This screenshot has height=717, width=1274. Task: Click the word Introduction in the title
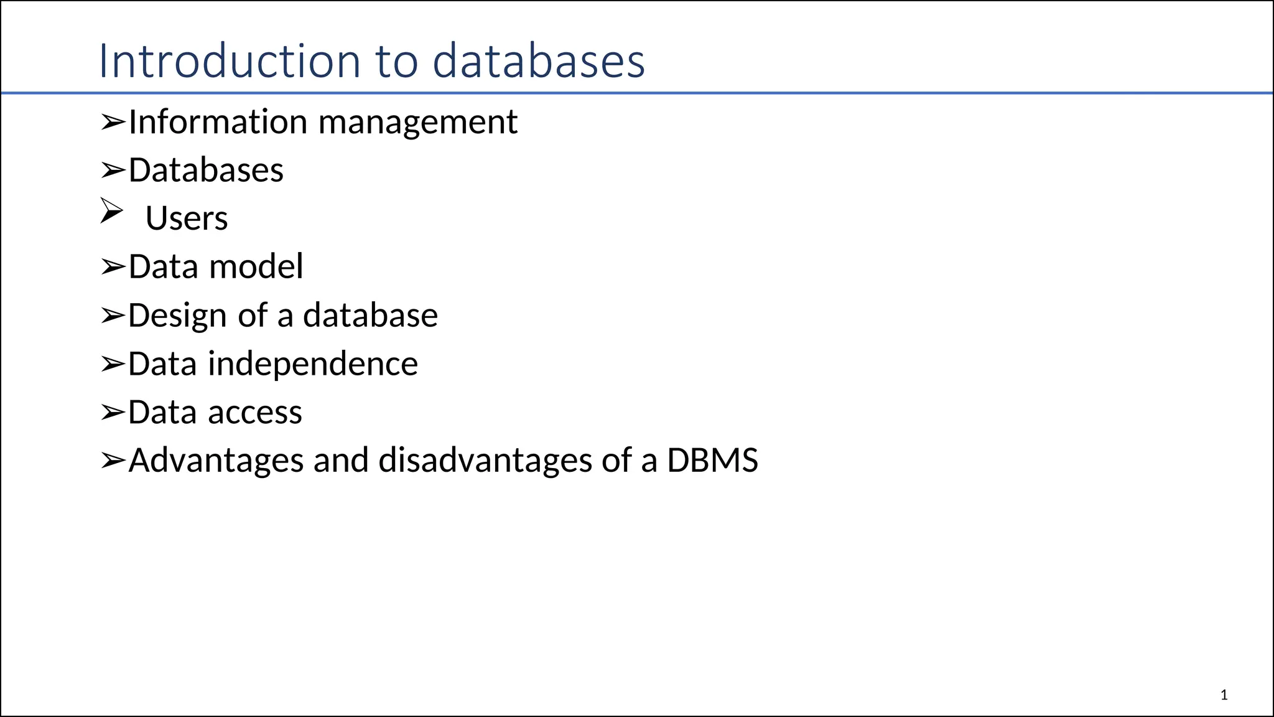230,61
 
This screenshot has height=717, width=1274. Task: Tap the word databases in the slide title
539,61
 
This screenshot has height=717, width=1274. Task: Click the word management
417,123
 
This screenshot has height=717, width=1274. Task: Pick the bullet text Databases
206,170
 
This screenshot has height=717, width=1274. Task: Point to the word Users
187,218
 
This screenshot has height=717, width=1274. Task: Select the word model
256,266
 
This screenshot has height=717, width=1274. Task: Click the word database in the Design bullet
370,315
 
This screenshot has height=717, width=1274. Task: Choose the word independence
312,364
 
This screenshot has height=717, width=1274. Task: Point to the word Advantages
216,461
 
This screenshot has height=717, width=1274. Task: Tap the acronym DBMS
712,461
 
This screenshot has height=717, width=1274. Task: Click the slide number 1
1224,695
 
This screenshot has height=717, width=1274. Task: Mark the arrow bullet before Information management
113,122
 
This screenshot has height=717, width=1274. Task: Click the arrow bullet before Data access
113,412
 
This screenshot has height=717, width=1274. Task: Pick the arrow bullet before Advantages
113,461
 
